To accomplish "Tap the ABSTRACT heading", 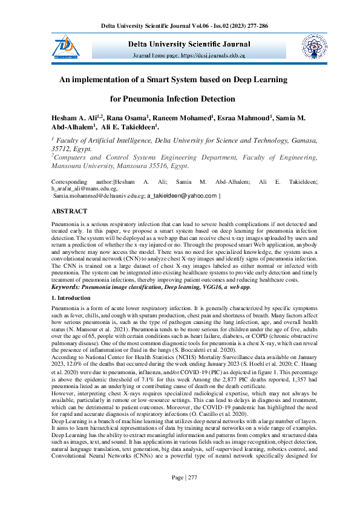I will point(69,211).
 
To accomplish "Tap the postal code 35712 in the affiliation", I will point(62,148).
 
